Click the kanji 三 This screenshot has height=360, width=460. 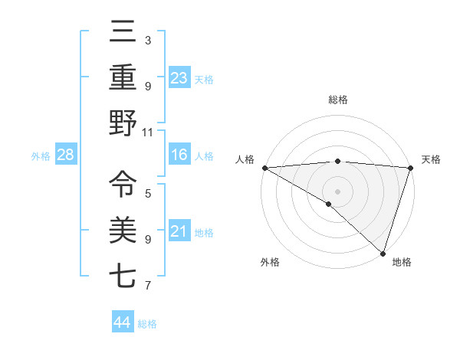[123, 33]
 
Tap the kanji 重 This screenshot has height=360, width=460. [123, 77]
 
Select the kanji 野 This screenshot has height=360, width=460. [123, 123]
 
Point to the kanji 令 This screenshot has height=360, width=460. [123, 184]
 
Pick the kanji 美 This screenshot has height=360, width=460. [123, 231]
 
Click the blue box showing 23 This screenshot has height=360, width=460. [179, 78]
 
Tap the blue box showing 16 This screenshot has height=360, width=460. [179, 155]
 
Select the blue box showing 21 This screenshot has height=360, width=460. [179, 231]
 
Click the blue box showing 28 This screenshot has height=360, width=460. [66, 155]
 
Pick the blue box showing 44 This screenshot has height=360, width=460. [122, 322]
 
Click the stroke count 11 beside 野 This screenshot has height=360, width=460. [148, 132]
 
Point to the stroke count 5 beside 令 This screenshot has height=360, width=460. [148, 193]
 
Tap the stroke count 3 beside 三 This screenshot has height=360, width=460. [148, 40]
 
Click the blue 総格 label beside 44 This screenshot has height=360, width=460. [147, 324]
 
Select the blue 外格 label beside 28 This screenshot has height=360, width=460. [41, 156]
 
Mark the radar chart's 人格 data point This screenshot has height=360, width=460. [264, 168]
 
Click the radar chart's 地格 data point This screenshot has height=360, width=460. [383, 253]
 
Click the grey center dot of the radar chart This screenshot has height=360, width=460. [337, 191]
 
